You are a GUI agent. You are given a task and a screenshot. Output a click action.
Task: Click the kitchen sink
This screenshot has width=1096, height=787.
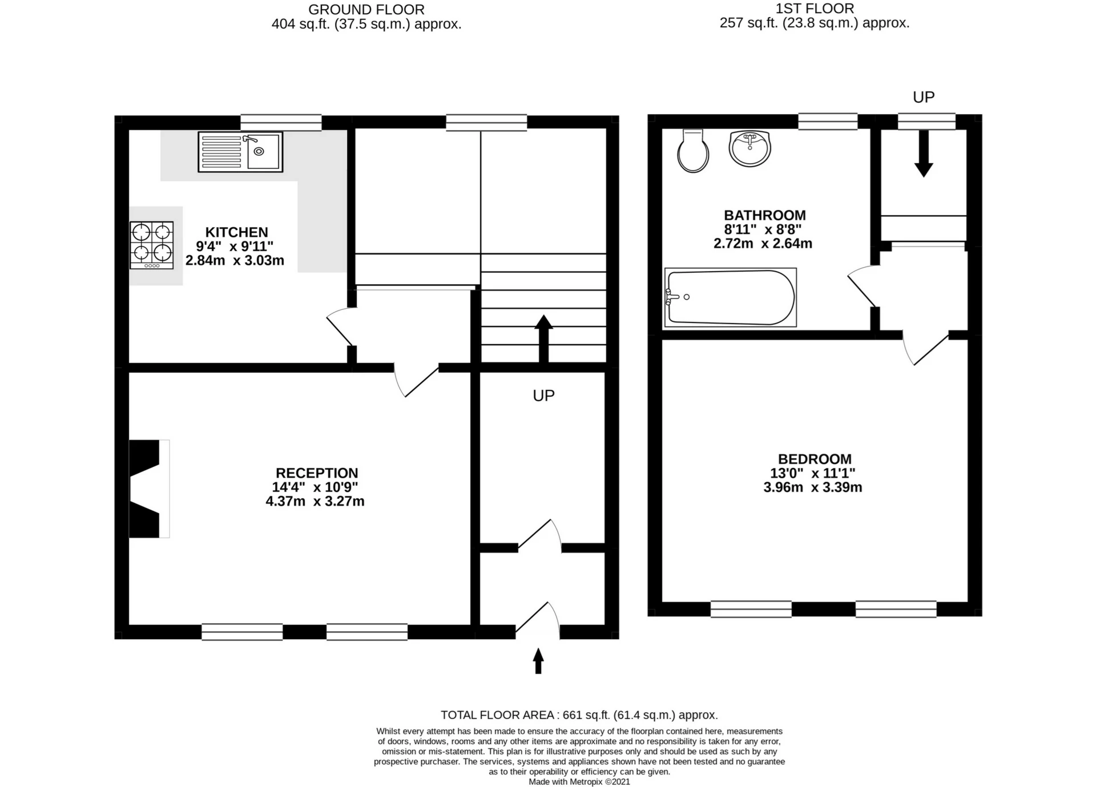point(240,152)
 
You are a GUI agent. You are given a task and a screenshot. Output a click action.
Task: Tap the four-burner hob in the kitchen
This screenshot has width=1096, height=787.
point(152,245)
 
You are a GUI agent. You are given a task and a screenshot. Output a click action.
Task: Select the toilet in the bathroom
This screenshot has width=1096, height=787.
point(693,151)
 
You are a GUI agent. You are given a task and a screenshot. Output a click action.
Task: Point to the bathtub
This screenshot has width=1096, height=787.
point(731,297)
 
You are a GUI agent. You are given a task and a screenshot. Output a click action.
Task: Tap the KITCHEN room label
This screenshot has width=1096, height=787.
point(236,232)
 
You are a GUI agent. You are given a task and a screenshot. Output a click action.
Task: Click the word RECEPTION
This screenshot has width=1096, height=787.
point(317,473)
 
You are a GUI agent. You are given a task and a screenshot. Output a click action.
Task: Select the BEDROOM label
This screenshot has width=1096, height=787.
point(815,459)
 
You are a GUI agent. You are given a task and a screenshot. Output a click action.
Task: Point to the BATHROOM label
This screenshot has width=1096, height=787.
point(765,215)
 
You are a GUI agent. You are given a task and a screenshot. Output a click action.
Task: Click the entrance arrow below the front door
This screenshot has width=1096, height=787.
point(538,661)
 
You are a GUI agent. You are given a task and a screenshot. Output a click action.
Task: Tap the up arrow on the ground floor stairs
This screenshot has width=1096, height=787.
point(543,339)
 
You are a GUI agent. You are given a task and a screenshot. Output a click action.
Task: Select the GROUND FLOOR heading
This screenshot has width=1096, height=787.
point(366,10)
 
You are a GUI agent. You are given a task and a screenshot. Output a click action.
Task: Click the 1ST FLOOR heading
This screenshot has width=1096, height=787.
point(815,9)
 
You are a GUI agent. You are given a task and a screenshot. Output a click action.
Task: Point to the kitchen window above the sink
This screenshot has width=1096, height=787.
point(281,122)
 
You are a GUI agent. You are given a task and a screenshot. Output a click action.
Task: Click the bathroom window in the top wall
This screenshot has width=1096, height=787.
point(828,121)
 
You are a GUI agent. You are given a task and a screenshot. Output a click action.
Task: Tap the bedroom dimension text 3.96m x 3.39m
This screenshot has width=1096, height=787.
point(813,487)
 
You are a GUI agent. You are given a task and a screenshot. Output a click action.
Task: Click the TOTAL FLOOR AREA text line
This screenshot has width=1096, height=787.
point(579,715)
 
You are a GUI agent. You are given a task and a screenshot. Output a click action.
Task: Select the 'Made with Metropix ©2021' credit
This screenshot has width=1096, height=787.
point(579,782)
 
